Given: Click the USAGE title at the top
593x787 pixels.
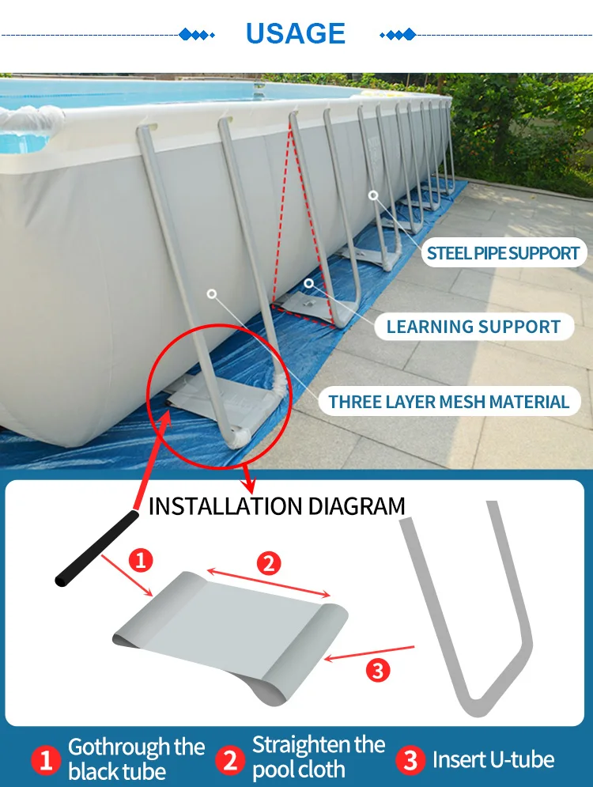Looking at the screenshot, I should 295,33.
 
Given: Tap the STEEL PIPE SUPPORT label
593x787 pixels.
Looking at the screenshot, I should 503,253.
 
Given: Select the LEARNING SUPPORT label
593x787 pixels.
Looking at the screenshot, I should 474,326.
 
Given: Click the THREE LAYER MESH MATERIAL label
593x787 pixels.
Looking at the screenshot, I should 448,401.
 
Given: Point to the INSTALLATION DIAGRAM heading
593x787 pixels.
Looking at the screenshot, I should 277,505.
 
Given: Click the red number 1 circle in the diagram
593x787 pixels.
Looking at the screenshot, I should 140,561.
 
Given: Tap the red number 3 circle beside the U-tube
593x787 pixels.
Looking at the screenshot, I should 378,671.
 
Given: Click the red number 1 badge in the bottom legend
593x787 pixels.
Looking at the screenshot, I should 46,760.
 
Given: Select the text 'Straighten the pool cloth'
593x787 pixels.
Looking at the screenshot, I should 318,756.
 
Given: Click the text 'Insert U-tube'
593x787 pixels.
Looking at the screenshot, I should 493,760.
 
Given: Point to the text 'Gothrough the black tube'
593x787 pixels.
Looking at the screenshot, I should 136,759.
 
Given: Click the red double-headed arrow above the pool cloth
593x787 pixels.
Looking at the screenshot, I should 268,582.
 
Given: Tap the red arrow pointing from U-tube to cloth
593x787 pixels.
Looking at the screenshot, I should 369,653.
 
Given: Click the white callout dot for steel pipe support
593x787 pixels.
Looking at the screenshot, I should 373,195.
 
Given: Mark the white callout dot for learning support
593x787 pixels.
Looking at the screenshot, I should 309,282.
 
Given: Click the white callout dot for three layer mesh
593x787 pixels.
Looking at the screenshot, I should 211,293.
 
